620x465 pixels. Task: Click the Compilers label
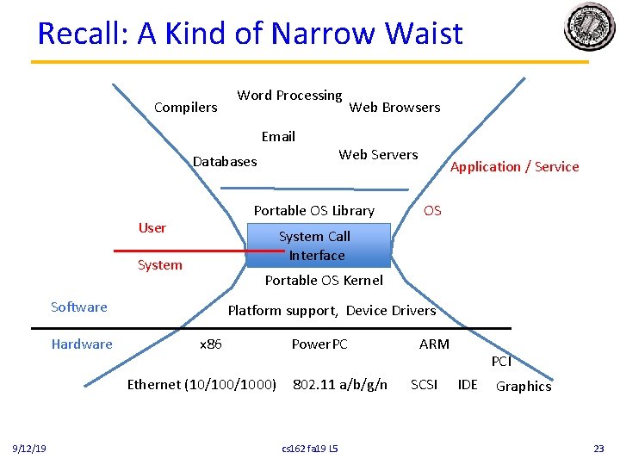[x=185, y=108]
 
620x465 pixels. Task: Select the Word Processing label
[x=289, y=96]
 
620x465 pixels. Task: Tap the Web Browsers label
[x=394, y=108]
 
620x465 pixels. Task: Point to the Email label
[x=278, y=137]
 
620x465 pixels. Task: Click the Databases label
[x=225, y=161]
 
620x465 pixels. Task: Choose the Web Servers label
[x=378, y=155]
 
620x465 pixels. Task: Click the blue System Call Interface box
[x=318, y=245]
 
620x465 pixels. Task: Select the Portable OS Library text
[x=313, y=211]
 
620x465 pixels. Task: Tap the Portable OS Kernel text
[x=324, y=281]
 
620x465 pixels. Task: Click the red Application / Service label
[x=515, y=167]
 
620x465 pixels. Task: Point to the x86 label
[x=211, y=344]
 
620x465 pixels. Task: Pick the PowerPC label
[x=319, y=344]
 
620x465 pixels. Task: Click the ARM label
[x=434, y=344]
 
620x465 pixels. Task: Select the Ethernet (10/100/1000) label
[x=201, y=385]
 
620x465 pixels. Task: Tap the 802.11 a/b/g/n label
[x=340, y=385]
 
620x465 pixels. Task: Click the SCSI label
[x=424, y=385]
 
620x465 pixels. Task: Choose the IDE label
[x=468, y=385]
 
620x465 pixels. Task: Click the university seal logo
[x=589, y=28]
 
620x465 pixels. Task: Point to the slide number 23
[x=598, y=449]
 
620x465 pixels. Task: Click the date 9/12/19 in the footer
[x=29, y=449]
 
